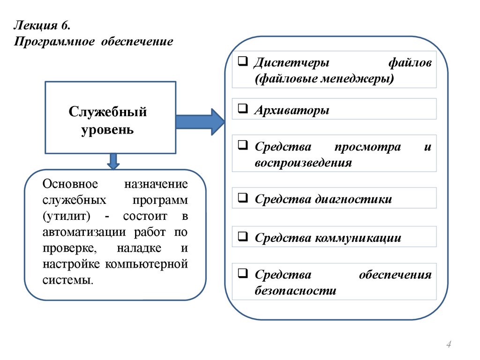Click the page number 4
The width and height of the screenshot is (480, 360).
pos(449,345)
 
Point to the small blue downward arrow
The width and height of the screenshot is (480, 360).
pos(113,161)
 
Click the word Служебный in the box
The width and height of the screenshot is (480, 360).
pos(108,112)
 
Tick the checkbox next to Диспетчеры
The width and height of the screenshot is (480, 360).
pos(243,62)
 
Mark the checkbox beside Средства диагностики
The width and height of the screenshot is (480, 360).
pos(243,198)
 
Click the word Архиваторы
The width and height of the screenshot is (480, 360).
pos(292,111)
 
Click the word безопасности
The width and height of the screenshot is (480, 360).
pos(296,291)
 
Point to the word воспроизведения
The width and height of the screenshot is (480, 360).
pos(303,163)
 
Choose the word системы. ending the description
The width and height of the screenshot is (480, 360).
pos(67,280)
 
